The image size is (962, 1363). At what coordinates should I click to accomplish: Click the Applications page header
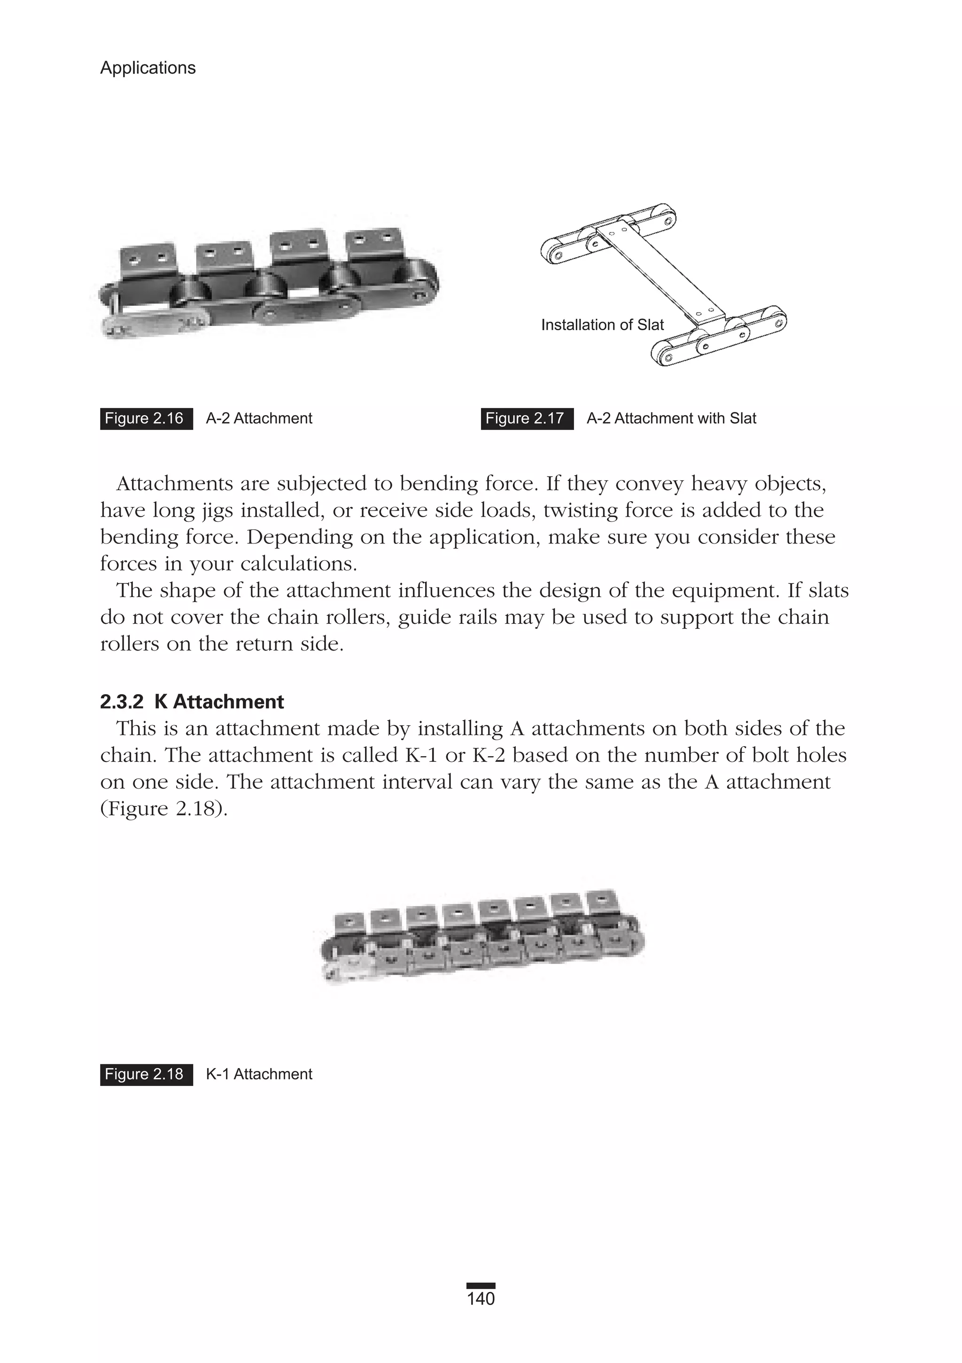tap(148, 68)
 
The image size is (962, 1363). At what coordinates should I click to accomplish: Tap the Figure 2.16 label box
tap(146, 418)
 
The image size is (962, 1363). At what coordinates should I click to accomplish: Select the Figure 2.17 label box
tap(527, 418)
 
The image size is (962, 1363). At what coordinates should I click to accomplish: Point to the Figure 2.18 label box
tap(146, 1074)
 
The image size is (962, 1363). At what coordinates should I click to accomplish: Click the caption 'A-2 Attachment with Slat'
tap(671, 418)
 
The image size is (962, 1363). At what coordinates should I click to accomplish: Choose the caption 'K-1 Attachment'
tap(259, 1074)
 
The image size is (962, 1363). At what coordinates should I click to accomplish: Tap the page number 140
tap(481, 1299)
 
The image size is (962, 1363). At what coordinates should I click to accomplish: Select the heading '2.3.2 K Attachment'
tap(192, 702)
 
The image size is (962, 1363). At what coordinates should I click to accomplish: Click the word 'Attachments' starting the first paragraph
tap(175, 484)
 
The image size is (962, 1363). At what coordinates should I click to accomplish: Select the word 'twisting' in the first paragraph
tap(587, 511)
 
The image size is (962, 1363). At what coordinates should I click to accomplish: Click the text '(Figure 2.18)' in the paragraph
tap(164, 808)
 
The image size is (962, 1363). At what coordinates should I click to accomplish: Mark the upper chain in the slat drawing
tap(612, 234)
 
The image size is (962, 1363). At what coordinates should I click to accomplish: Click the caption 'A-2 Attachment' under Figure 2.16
tap(259, 418)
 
